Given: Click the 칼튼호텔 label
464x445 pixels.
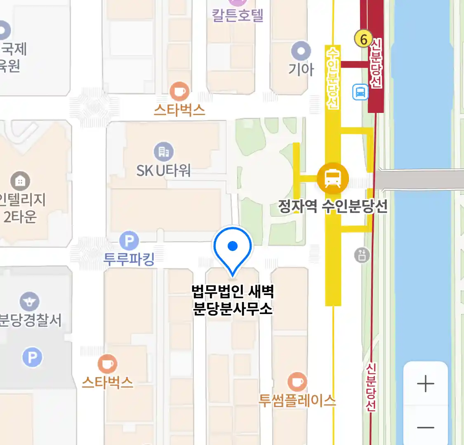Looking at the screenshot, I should coord(238,15).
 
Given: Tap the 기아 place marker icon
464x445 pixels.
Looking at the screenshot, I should coord(301,52).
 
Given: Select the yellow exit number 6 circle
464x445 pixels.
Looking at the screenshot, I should coord(363,39).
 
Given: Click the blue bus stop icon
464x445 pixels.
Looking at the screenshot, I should coord(360,92).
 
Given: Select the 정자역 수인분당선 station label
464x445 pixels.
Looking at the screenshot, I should coord(333,206).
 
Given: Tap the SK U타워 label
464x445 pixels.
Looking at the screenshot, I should coord(164,170).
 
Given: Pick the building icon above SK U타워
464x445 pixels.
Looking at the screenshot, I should coord(164,152).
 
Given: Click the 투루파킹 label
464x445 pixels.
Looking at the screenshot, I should coord(129,259).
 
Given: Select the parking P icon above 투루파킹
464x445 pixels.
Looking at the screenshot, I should coord(129,241).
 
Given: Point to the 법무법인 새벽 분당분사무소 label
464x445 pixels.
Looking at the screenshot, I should coord(233,300).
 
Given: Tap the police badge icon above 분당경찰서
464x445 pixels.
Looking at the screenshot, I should coord(29,302).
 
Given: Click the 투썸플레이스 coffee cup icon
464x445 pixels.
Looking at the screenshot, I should coord(297,382).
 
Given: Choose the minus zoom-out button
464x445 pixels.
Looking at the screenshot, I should coord(425,427).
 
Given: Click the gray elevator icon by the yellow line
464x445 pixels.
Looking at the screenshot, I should coord(362,255).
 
